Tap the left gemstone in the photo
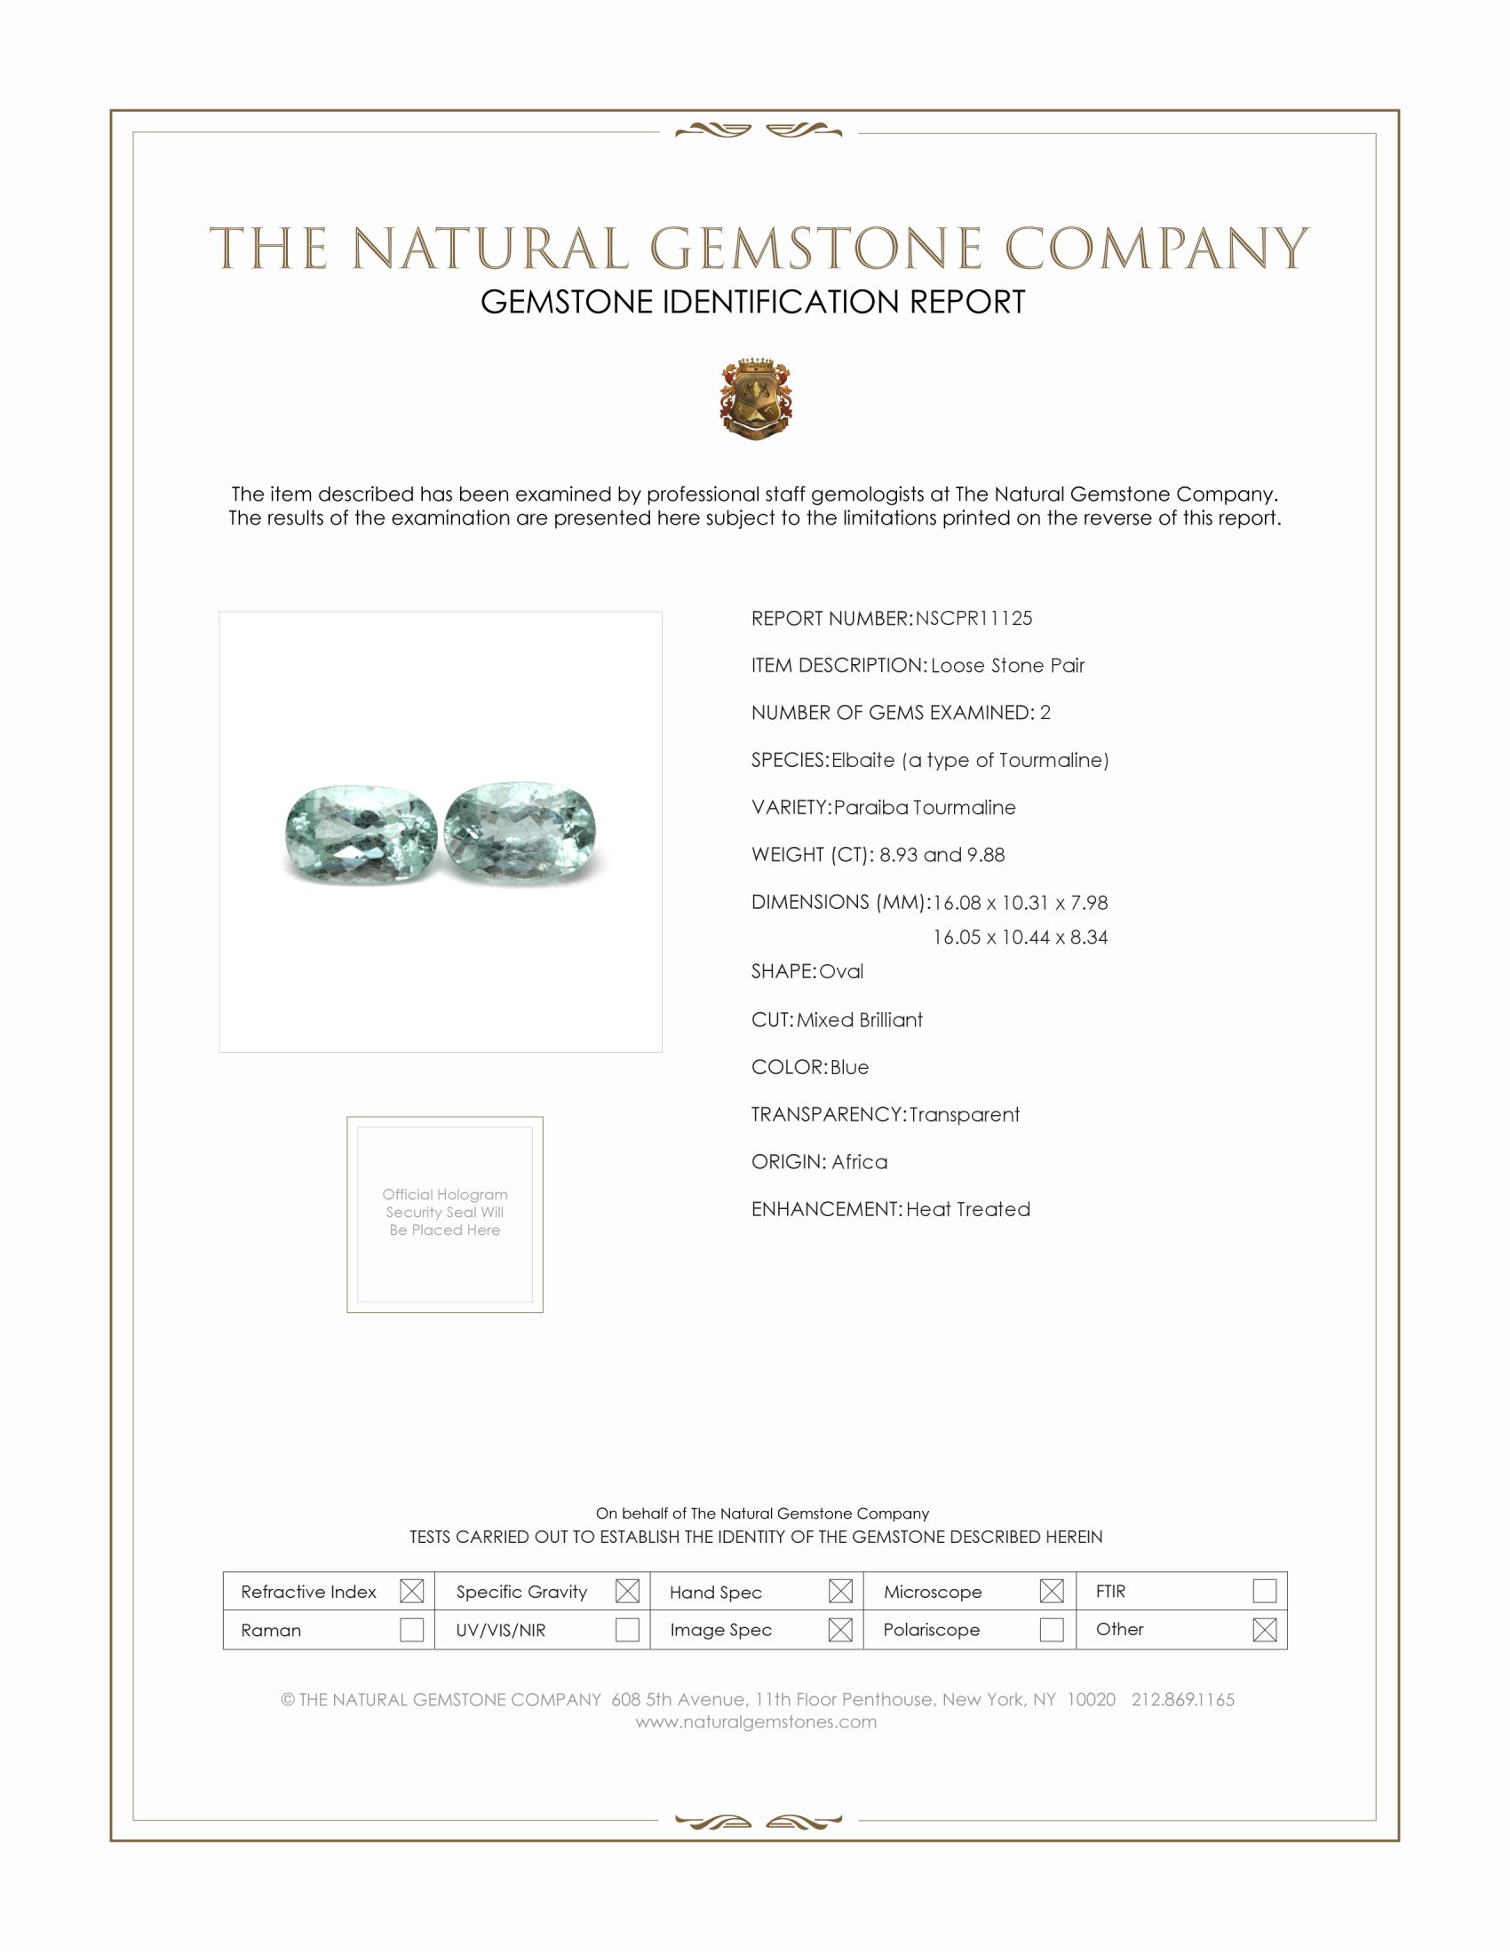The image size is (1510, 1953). point(362,834)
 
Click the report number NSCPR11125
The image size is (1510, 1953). point(974,618)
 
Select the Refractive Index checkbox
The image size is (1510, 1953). point(411,1591)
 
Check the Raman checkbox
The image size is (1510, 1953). point(411,1629)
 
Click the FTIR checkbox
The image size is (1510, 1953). point(1264,1591)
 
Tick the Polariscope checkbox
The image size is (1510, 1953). point(1052,1629)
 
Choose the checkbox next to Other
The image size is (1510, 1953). point(1264,1629)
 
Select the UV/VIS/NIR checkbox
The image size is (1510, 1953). point(627,1629)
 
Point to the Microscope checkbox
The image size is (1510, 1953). point(1052,1591)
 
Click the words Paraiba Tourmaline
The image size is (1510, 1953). point(924,808)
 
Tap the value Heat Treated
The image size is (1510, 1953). point(968,1209)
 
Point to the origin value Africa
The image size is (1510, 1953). point(860,1162)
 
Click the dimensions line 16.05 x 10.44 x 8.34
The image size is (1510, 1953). point(1020,937)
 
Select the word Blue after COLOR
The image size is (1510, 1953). point(849,1067)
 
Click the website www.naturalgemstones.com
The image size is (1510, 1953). point(756,1721)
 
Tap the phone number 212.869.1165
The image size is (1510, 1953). point(1182,1699)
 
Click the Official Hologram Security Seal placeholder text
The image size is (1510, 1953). point(445,1212)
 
